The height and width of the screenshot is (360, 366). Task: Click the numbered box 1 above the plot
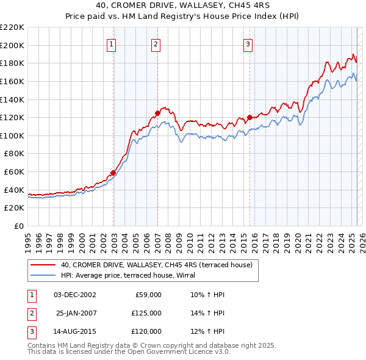point(113,44)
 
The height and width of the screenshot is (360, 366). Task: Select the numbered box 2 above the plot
point(156,44)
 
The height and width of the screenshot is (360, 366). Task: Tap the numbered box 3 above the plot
point(248,44)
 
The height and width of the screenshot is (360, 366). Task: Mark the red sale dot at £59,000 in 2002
point(113,173)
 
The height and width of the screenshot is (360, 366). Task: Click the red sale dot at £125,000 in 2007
point(157,113)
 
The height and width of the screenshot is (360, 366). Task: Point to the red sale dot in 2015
point(249,117)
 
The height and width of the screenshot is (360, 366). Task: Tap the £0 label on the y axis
point(18,226)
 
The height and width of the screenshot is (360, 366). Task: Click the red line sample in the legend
point(43,265)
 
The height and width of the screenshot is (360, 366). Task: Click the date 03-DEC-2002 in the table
point(75,295)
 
